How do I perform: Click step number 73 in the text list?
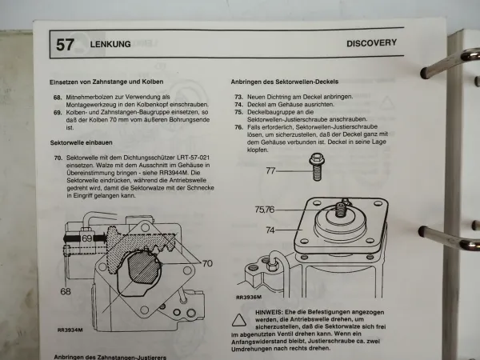(238, 97)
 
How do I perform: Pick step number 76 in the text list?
(238, 127)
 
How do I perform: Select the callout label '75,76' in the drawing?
(266, 210)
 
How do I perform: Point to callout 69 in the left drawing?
(87, 238)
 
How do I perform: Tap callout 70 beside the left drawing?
(206, 262)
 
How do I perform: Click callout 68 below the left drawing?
(65, 291)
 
